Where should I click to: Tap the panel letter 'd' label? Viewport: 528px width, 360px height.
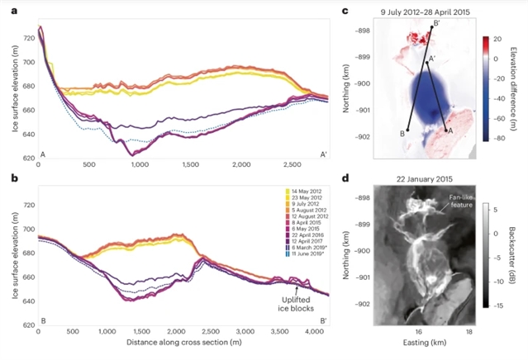pyautogui.click(x=345, y=177)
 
